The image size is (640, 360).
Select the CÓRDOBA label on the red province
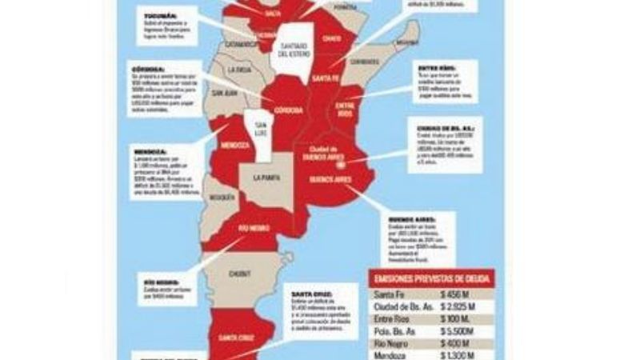tap(287, 110)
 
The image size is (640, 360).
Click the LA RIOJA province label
tap(238, 70)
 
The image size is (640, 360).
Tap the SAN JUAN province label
tap(223, 92)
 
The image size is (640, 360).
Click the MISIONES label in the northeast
tap(406, 42)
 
